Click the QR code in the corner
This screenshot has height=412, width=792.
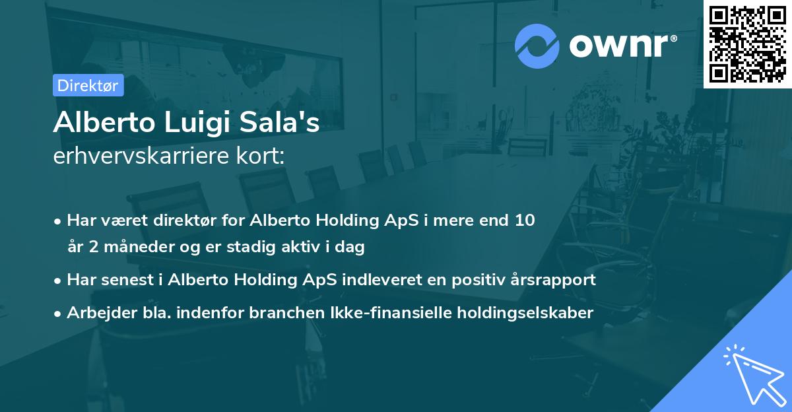(x=747, y=44)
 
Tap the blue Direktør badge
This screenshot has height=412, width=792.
(x=88, y=85)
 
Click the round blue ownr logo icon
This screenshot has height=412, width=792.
(x=537, y=46)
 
